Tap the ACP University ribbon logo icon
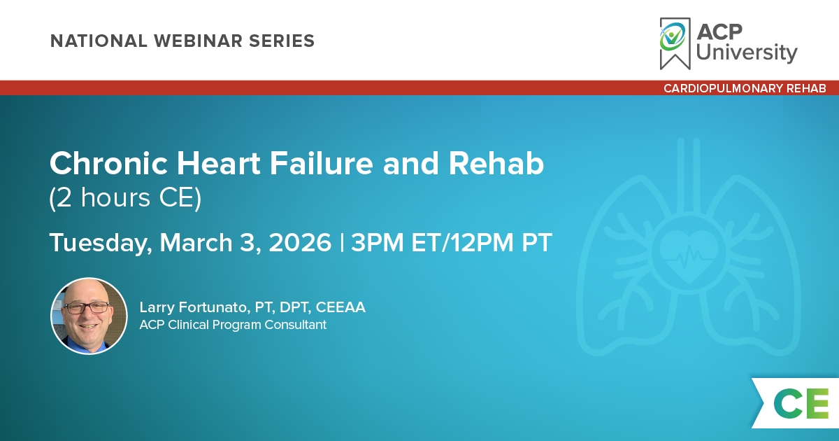pyautogui.click(x=675, y=43)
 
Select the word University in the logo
pyautogui.click(x=747, y=52)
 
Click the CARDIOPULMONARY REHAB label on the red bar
pyautogui.click(x=745, y=88)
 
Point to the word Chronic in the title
pyautogui.click(x=108, y=164)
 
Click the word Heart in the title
pyautogui.click(x=218, y=164)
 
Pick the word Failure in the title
pyautogui.click(x=322, y=164)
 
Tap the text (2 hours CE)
pyautogui.click(x=125, y=197)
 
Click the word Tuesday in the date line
pyautogui.click(x=101, y=243)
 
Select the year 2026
pyautogui.click(x=300, y=243)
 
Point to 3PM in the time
pyautogui.click(x=377, y=243)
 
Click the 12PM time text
pyautogui.click(x=482, y=243)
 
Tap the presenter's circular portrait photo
pyautogui.click(x=89, y=316)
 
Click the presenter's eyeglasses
pyautogui.click(x=87, y=308)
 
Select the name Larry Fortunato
pyautogui.click(x=193, y=307)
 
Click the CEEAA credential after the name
pyautogui.click(x=340, y=307)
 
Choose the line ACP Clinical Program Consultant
pyautogui.click(x=233, y=325)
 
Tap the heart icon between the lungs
pyautogui.click(x=689, y=253)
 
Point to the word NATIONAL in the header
pyautogui.click(x=99, y=41)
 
